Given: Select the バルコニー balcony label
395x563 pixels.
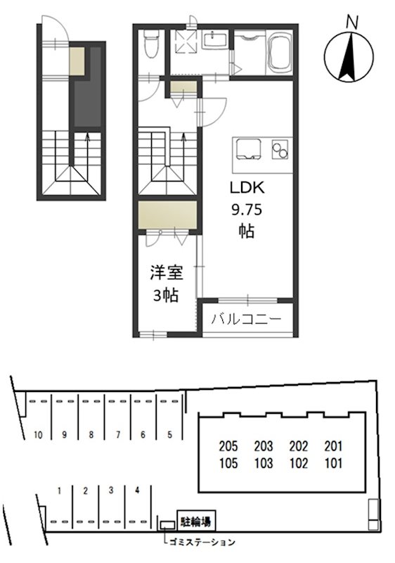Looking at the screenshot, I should coord(246,320).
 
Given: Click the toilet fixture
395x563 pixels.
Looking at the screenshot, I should coord(149,46).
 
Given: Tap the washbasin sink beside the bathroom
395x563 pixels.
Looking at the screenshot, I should coord(216,40).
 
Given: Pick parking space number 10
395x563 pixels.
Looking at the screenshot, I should coord(38,435).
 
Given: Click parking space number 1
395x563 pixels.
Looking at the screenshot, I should coord(61,490).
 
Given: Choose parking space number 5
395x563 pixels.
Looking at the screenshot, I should coord(169,435).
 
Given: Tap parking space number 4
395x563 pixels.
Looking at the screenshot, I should coord(137,490).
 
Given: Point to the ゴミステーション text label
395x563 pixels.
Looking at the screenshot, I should coord(202,542).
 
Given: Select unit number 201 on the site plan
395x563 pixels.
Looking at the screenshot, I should coord(333,445).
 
